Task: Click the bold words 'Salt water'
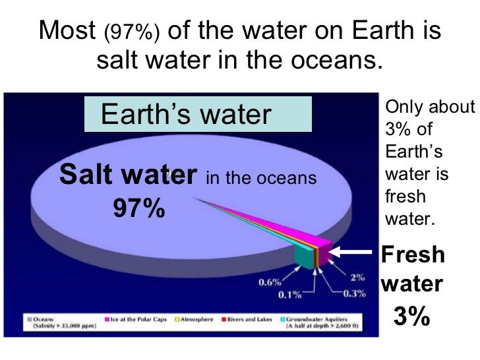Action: (x=129, y=175)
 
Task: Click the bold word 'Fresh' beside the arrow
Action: (x=413, y=255)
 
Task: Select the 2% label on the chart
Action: (x=357, y=278)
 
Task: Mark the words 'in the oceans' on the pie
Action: (x=261, y=178)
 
